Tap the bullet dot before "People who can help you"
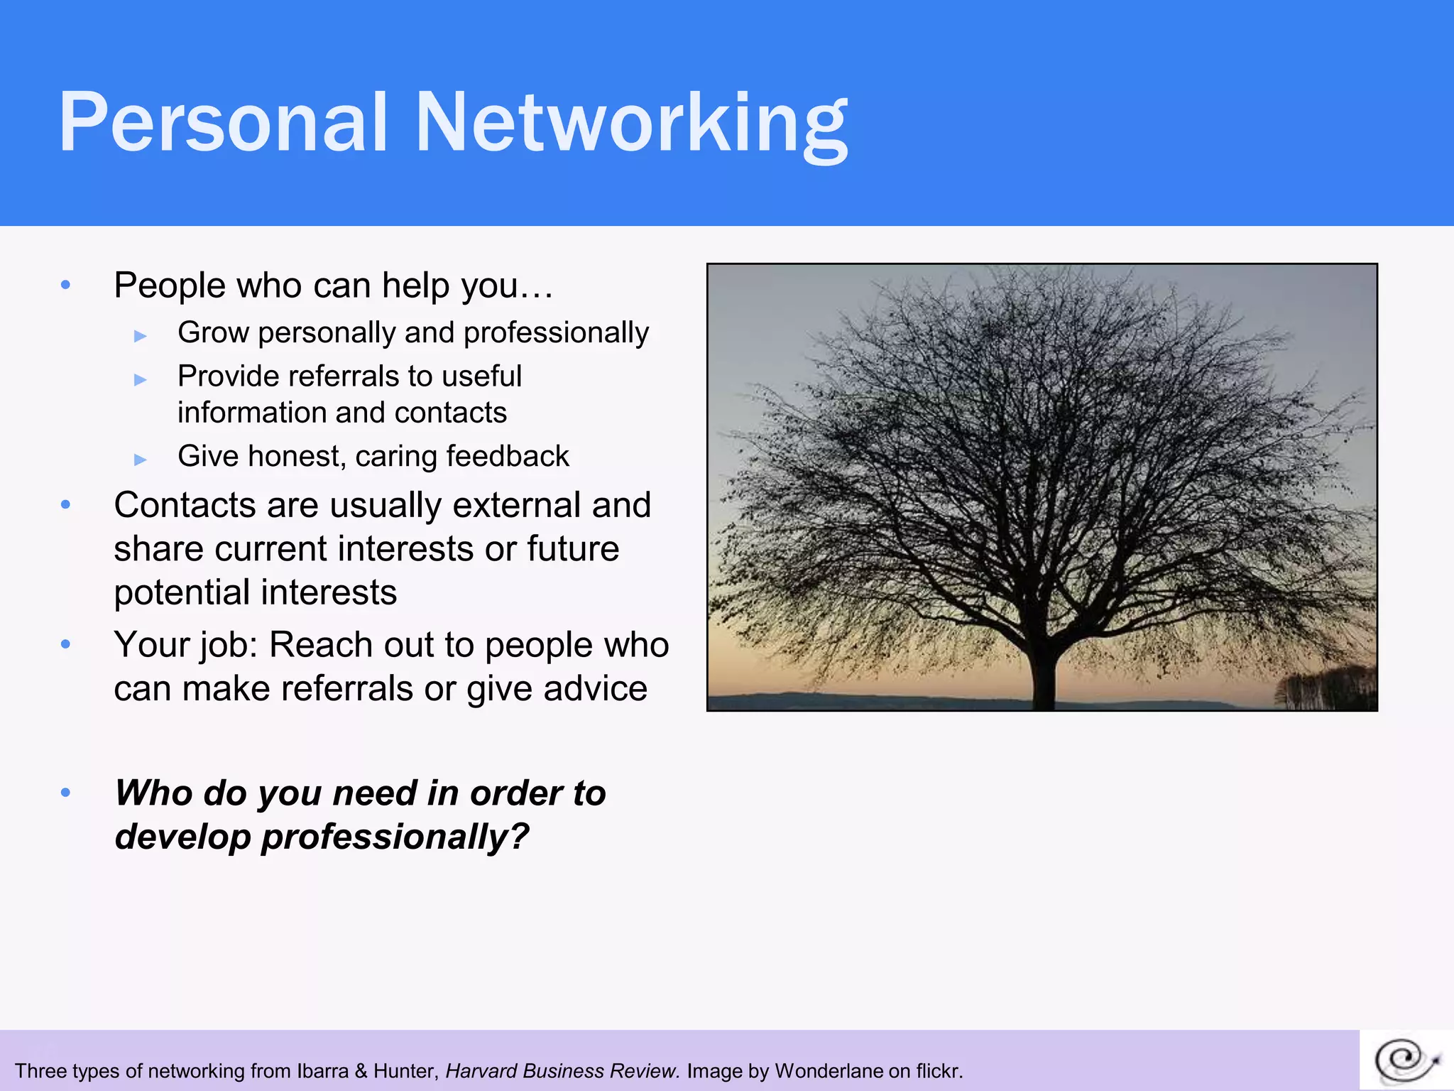coord(66,286)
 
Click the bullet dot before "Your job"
coord(66,645)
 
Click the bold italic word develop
coord(182,837)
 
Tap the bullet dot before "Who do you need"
coord(66,793)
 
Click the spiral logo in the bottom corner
coord(1406,1060)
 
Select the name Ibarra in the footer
coord(322,1071)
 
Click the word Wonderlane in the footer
coord(829,1071)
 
